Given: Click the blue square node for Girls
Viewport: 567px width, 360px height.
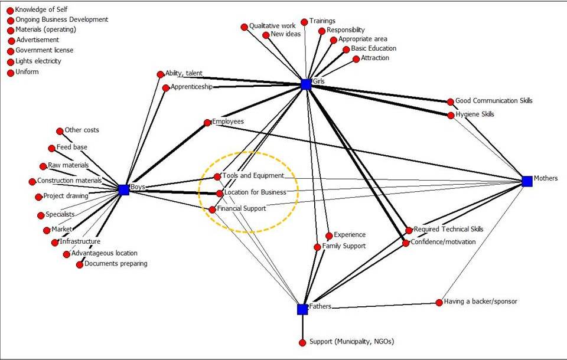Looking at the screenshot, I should click(305, 84).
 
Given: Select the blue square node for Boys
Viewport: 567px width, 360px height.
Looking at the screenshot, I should click(123, 189).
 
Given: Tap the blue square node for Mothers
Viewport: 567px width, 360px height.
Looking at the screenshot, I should click(527, 181).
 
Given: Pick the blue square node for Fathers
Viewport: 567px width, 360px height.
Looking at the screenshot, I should click(302, 309).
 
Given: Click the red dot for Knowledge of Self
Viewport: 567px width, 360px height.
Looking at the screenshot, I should click(10, 11).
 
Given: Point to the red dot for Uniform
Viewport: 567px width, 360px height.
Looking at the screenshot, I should click(10, 73).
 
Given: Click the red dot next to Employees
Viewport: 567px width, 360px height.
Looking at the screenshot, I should click(207, 123).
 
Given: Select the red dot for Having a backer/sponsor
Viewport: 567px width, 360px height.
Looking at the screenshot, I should click(439, 303).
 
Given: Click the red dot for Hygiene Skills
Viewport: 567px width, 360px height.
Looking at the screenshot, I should click(451, 115).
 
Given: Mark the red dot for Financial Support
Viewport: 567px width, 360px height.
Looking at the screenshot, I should click(213, 210).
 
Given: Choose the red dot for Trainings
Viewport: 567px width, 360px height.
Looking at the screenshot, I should click(304, 22).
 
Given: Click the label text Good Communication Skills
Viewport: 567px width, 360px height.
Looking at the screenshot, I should click(494, 101).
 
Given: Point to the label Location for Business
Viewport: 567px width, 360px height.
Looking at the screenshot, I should click(255, 192).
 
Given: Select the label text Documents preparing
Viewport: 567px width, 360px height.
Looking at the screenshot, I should click(116, 264).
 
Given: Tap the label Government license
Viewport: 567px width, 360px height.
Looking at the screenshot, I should click(44, 51).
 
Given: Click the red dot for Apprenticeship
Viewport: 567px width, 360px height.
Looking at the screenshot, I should click(166, 89).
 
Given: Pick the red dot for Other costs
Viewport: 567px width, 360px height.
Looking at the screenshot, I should click(60, 131).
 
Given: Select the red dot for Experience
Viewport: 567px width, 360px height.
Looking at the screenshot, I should click(329, 236).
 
